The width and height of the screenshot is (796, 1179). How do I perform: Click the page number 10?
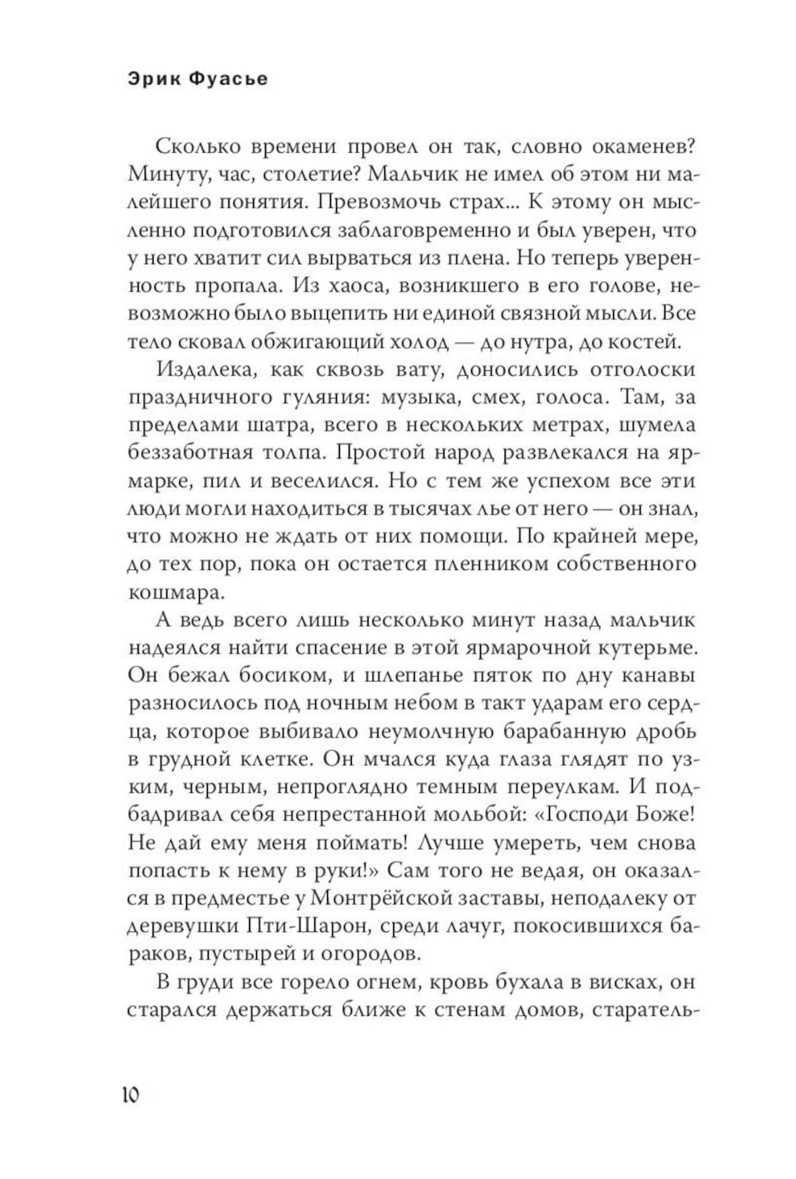coord(131,1095)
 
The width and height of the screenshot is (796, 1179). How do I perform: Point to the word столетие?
coord(314,174)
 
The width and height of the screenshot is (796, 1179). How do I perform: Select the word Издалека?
coord(205,369)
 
